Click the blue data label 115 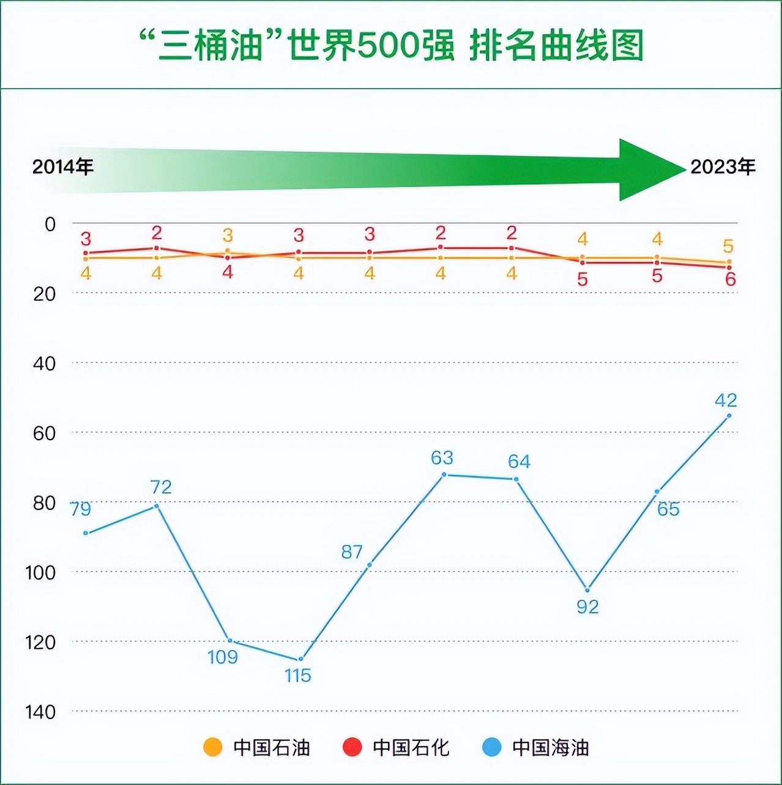click(x=298, y=676)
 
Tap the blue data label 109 click(x=223, y=657)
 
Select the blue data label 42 click(x=726, y=400)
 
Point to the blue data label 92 click(x=587, y=607)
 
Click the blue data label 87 click(x=352, y=552)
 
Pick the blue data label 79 click(x=81, y=509)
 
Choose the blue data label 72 click(x=161, y=487)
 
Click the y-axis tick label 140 click(x=40, y=712)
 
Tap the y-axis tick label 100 click(x=40, y=572)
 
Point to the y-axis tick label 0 click(x=50, y=224)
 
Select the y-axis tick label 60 click(x=44, y=433)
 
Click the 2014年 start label click(x=63, y=167)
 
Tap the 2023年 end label click(x=723, y=167)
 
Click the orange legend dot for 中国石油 click(x=213, y=747)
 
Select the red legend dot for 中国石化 click(x=352, y=747)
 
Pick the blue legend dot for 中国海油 click(x=492, y=747)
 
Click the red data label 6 click(x=730, y=279)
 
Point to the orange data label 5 click(x=728, y=246)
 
